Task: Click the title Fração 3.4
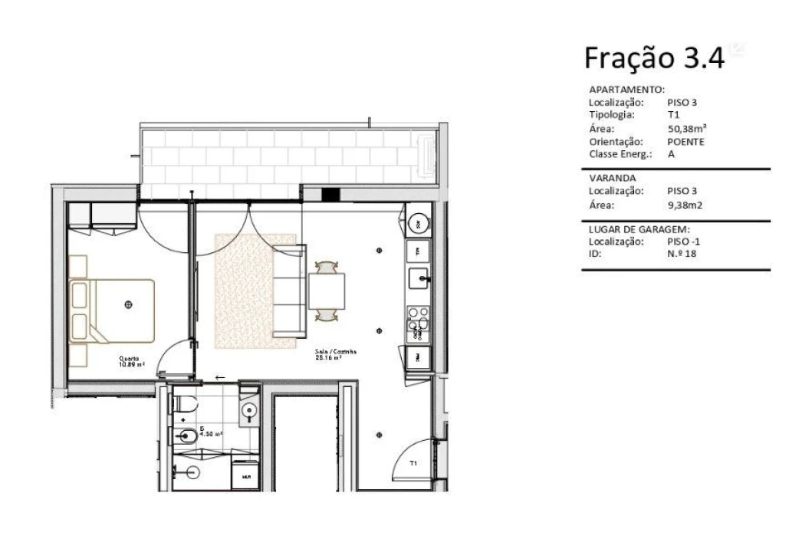[653, 58]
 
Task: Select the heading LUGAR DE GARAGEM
[639, 229]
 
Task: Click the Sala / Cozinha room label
[336, 355]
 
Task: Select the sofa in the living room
[290, 291]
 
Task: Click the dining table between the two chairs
[327, 291]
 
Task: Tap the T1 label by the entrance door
[413, 464]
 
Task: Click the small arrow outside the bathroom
[220, 376]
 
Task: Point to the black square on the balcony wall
[330, 193]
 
